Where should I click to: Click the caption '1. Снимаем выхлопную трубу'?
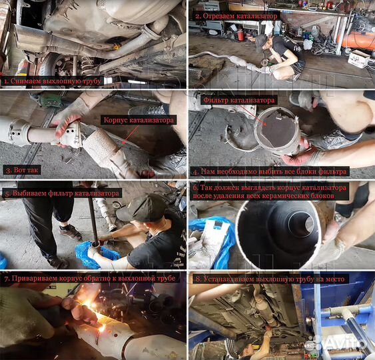(x=53, y=81)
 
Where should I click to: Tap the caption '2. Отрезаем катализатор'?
(x=236, y=16)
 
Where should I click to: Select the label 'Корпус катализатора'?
(x=139, y=120)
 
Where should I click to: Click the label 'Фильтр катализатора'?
(x=238, y=100)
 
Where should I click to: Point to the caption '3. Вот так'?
(x=22, y=170)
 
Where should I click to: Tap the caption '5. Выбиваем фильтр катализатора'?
(x=62, y=193)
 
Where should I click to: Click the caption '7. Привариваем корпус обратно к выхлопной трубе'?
(x=90, y=279)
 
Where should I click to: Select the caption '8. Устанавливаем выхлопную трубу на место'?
(x=270, y=279)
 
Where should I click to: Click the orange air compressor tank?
(x=357, y=41)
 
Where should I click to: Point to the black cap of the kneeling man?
(x=142, y=207)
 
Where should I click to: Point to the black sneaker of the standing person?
(x=70, y=232)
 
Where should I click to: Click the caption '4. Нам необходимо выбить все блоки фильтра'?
(x=270, y=171)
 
